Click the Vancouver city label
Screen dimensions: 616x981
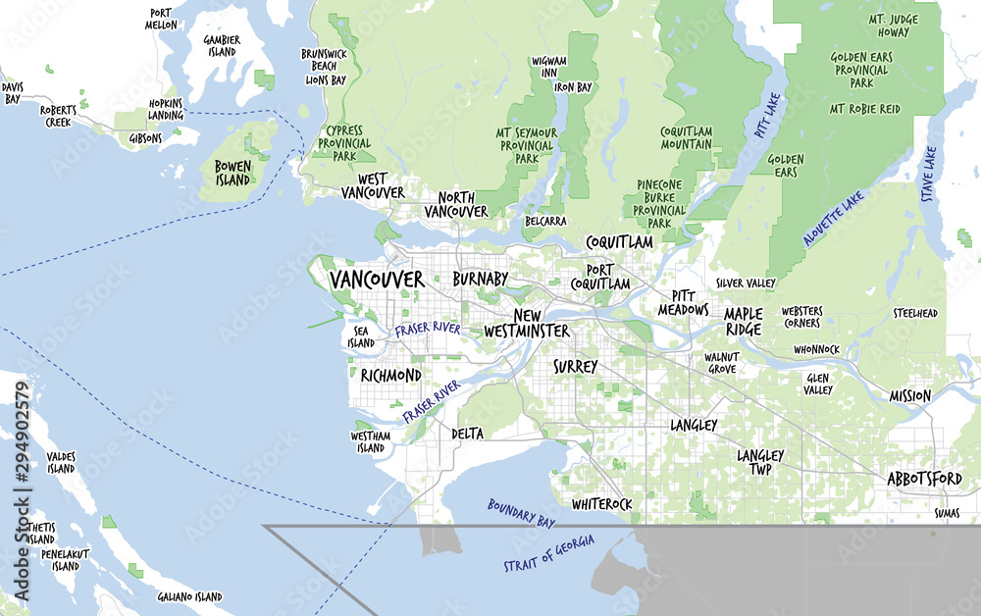(x=377, y=280)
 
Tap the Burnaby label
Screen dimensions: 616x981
(x=480, y=280)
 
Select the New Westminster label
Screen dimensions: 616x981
(x=527, y=324)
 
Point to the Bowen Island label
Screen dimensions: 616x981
(x=232, y=173)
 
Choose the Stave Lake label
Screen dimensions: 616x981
(x=928, y=175)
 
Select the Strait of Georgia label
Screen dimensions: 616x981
(x=548, y=554)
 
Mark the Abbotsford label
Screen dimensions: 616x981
(x=924, y=479)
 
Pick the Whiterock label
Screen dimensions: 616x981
(x=601, y=503)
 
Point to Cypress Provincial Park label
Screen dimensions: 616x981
(x=344, y=143)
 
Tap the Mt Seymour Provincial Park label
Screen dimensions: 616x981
(x=527, y=145)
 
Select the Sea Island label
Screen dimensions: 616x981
(x=361, y=337)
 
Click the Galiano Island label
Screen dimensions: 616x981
(x=189, y=596)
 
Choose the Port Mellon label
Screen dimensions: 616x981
(x=163, y=19)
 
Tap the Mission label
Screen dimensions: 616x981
(x=910, y=396)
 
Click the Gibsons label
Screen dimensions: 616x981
(x=145, y=139)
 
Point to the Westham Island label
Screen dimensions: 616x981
(x=371, y=441)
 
